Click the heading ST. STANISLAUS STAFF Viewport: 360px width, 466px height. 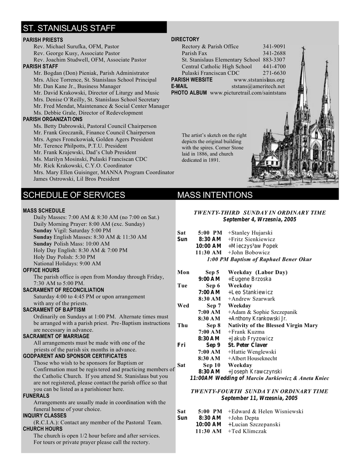[x=69, y=29]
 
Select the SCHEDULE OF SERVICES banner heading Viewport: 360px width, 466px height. [x=74, y=195]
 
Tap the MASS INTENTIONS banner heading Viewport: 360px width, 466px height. [x=214, y=195]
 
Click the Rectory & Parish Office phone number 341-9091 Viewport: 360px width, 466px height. [x=274, y=46]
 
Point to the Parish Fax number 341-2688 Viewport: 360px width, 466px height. [x=274, y=53]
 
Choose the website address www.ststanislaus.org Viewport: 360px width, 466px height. [x=259, y=80]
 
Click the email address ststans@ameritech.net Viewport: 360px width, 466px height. [x=258, y=86]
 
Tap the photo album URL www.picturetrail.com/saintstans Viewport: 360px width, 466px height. [x=248, y=93]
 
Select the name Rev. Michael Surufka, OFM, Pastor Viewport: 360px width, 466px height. [x=76, y=46]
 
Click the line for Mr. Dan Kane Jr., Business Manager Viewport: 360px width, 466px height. [x=77, y=86]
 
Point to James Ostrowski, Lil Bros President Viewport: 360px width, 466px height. [x=76, y=179]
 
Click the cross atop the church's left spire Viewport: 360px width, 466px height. [x=303, y=49]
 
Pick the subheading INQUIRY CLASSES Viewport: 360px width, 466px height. [x=45, y=415]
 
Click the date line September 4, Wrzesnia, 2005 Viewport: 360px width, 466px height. [x=259, y=219]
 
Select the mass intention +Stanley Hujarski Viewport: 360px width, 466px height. [x=250, y=233]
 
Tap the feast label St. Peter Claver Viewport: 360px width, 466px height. [x=248, y=345]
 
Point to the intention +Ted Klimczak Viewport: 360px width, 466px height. [x=247, y=431]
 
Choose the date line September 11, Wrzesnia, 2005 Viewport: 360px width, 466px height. [x=259, y=398]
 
